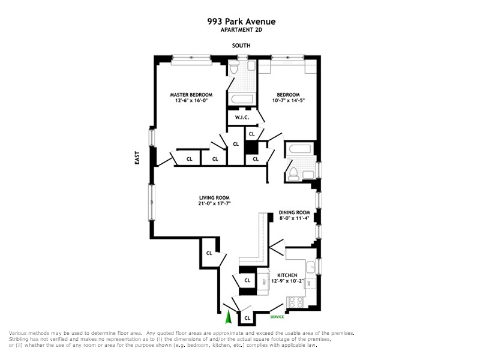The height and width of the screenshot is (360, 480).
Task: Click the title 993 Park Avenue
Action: (x=241, y=22)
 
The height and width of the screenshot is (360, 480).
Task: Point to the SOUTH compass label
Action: (x=242, y=46)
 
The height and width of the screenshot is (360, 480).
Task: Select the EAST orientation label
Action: (x=137, y=158)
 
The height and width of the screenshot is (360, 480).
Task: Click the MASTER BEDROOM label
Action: (x=191, y=95)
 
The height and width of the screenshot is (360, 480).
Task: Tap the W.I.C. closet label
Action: (x=242, y=117)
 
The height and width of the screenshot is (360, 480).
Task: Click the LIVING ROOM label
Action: (x=215, y=197)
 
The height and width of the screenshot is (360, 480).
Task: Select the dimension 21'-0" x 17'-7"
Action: (x=215, y=204)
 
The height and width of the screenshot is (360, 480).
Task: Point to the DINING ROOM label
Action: (x=294, y=212)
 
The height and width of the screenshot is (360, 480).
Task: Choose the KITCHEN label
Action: (x=287, y=275)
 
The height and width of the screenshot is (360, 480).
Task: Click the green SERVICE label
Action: (x=277, y=316)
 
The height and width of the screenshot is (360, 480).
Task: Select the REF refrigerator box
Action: (x=263, y=281)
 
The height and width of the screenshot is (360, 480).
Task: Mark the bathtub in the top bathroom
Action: (x=241, y=98)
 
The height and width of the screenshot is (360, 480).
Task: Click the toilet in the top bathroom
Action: (x=235, y=69)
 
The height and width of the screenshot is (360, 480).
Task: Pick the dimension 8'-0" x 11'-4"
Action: (x=294, y=219)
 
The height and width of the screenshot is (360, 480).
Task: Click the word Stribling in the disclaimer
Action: (x=20, y=339)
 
